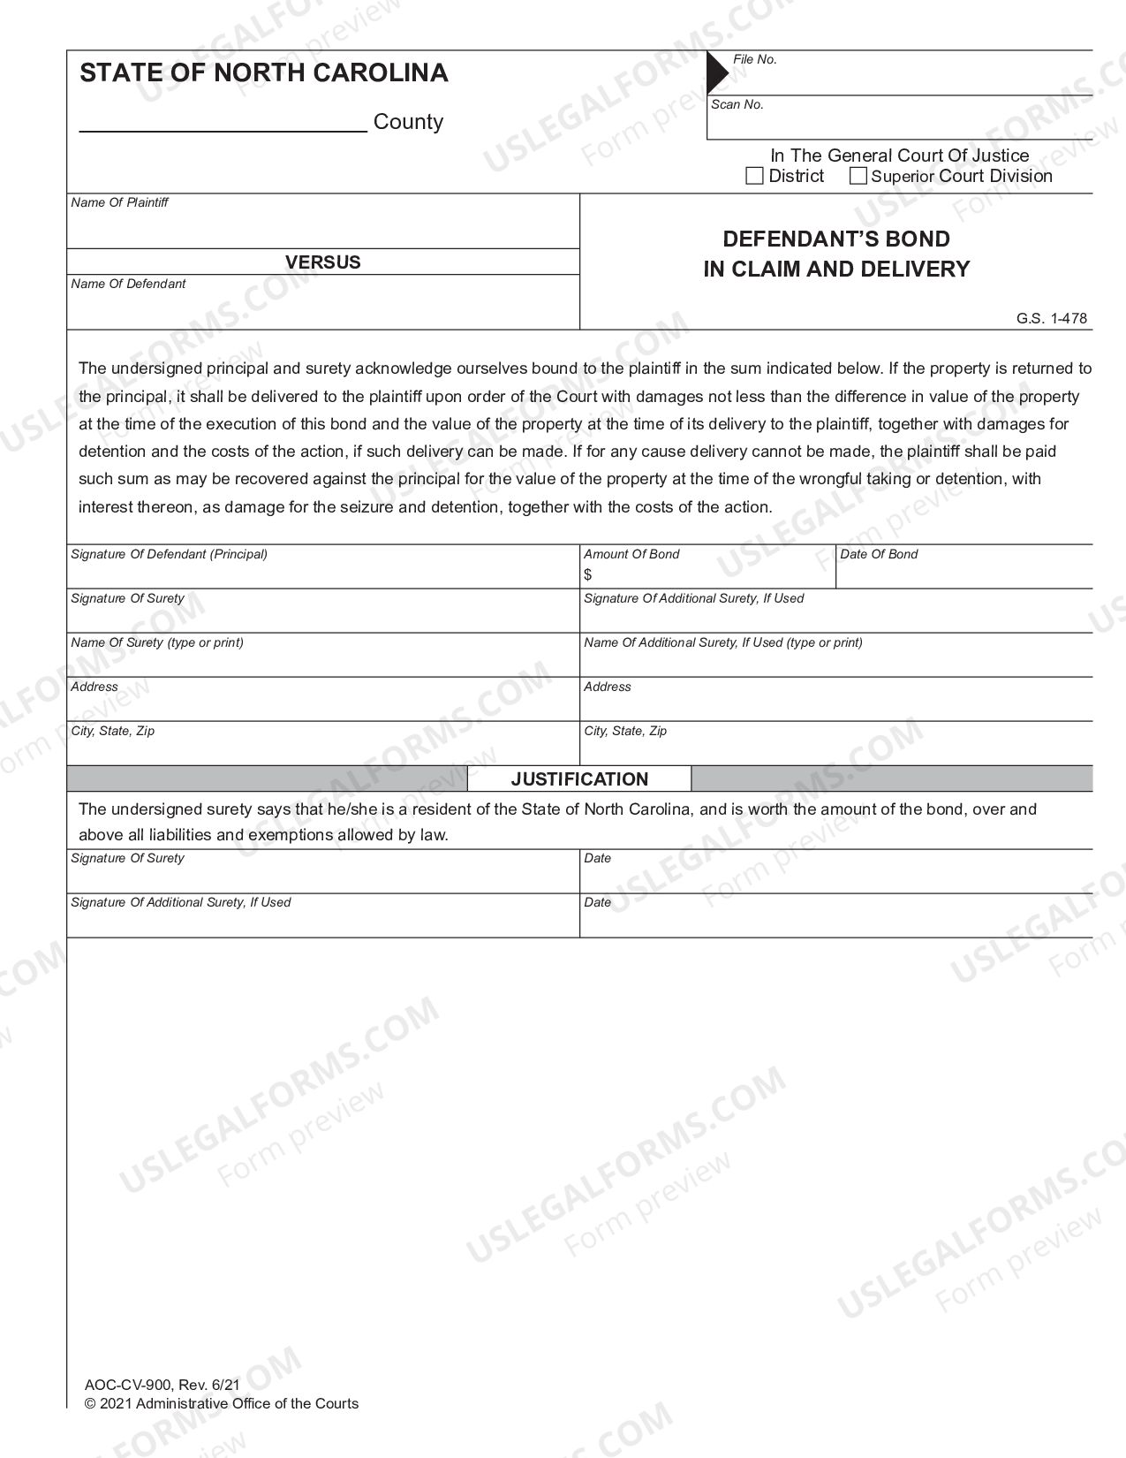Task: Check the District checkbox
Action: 754,176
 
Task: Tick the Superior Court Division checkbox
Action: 858,176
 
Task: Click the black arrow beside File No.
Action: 717,72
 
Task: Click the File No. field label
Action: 755,59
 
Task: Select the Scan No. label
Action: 737,104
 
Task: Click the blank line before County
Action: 223,122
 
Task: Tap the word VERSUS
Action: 322,262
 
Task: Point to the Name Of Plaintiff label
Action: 119,202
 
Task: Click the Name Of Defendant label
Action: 128,284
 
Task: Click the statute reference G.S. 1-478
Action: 1051,318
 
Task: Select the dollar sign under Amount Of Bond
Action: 588,574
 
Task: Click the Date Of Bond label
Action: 879,554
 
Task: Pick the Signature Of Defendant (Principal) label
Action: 169,554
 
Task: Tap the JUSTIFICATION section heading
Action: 579,778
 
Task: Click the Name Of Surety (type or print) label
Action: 157,642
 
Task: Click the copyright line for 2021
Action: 222,1403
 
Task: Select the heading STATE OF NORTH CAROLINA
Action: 264,72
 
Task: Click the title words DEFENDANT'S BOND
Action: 836,239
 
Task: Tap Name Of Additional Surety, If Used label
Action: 722,642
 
